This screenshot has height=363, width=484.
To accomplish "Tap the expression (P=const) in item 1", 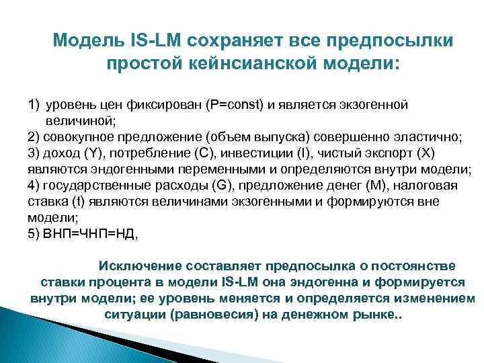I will point(237,107).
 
